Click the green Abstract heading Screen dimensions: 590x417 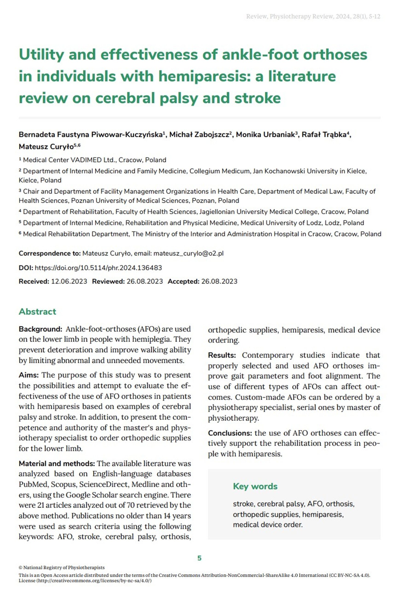(x=37, y=311)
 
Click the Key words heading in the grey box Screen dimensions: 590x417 (x=255, y=486)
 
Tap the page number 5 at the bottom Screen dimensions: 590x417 (x=199, y=558)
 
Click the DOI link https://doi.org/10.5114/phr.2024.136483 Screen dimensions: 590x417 (x=98, y=268)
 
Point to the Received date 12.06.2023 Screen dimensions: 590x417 (x=69, y=281)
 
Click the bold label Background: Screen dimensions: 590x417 (x=40, y=329)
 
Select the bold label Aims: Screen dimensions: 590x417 (x=29, y=375)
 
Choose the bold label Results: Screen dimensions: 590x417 (x=222, y=355)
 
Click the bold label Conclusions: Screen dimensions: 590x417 (x=230, y=433)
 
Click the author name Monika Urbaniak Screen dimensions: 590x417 (x=265, y=135)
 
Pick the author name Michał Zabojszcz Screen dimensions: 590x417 (x=199, y=135)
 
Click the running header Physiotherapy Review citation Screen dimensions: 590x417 (x=313, y=17)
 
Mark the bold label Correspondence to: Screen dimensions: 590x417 (x=50, y=253)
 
